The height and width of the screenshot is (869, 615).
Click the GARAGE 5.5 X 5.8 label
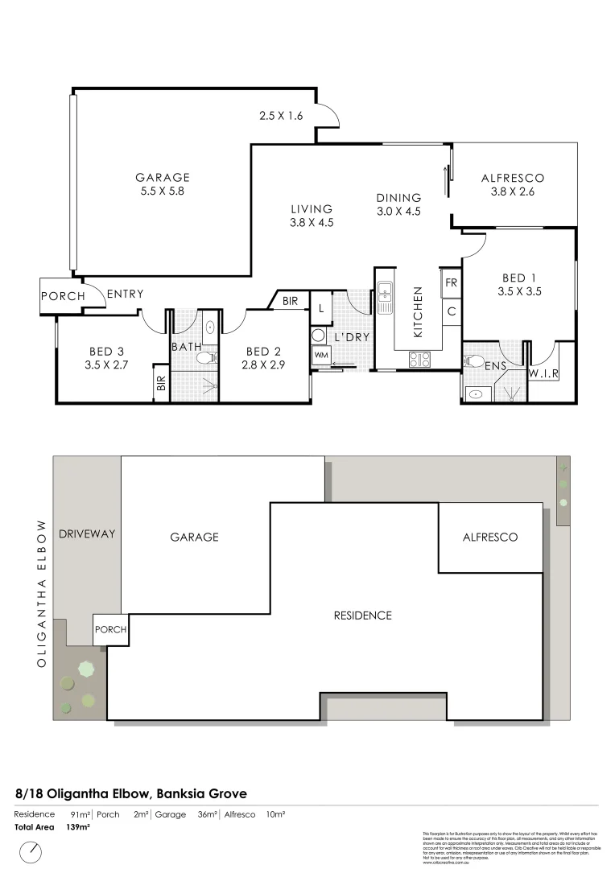tap(163, 184)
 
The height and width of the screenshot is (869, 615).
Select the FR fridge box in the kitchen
tap(450, 283)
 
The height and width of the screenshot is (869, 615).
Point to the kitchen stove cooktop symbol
tap(419, 360)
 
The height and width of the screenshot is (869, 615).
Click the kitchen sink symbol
tap(385, 297)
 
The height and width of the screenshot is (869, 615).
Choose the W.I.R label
tap(544, 374)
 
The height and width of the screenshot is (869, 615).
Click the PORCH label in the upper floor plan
tap(63, 296)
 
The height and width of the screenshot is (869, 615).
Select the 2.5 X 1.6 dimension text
tap(281, 116)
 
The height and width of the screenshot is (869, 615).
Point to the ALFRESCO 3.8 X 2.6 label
tap(513, 185)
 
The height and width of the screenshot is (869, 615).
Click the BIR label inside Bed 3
tap(160, 383)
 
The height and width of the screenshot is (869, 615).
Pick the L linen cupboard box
tap(320, 308)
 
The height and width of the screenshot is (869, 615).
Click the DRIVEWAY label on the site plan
tap(88, 533)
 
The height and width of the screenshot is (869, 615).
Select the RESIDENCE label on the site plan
tap(362, 616)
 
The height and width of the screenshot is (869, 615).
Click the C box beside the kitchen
tap(451, 311)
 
